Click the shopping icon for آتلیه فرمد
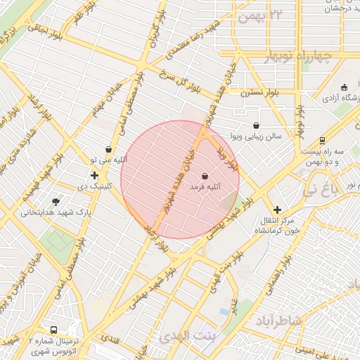click(204, 176)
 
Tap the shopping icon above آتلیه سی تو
click(109, 149)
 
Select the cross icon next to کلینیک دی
click(94, 174)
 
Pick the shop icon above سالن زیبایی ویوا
click(255, 125)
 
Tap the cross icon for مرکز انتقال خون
click(278, 210)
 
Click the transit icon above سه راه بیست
click(323, 140)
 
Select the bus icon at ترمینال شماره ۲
click(53, 330)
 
